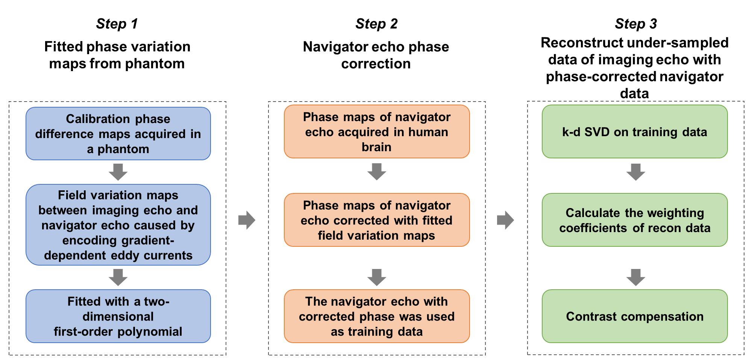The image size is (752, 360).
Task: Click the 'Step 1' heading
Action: point(117,24)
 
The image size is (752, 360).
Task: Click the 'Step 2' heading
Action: point(376,24)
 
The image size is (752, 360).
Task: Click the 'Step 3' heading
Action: point(636,24)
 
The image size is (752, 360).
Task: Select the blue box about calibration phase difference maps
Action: point(118,134)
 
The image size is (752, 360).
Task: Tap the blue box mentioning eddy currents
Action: point(118,225)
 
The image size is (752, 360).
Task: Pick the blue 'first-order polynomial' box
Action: point(118,316)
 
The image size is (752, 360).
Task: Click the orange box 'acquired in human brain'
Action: point(377,132)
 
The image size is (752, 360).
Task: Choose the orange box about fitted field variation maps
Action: point(377,220)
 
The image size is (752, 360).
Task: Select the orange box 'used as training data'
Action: point(377,316)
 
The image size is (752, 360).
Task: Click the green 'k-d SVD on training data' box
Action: point(635,132)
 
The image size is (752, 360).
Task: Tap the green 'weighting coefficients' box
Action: point(635,220)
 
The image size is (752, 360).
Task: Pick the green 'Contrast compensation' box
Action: point(635,316)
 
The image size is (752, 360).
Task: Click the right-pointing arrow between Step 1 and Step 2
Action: point(247,220)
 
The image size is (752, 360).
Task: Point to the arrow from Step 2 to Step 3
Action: point(505,220)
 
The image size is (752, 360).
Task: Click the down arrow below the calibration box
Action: point(118,172)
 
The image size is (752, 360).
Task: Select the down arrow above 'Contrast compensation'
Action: point(636,277)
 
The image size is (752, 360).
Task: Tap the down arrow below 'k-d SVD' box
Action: point(636,172)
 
